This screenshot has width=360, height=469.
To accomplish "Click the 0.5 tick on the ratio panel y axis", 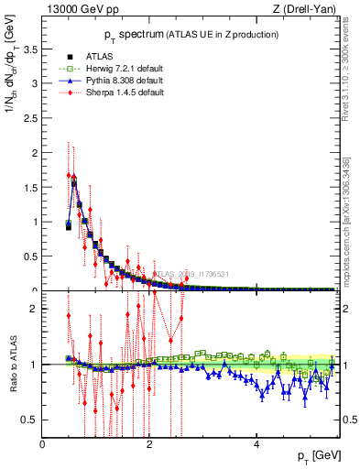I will pyautogui.click(x=30, y=420).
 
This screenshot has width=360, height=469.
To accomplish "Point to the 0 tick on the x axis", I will pyautogui.click(x=43, y=444).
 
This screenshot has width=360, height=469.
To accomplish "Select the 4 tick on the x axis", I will pyautogui.click(x=256, y=444).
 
